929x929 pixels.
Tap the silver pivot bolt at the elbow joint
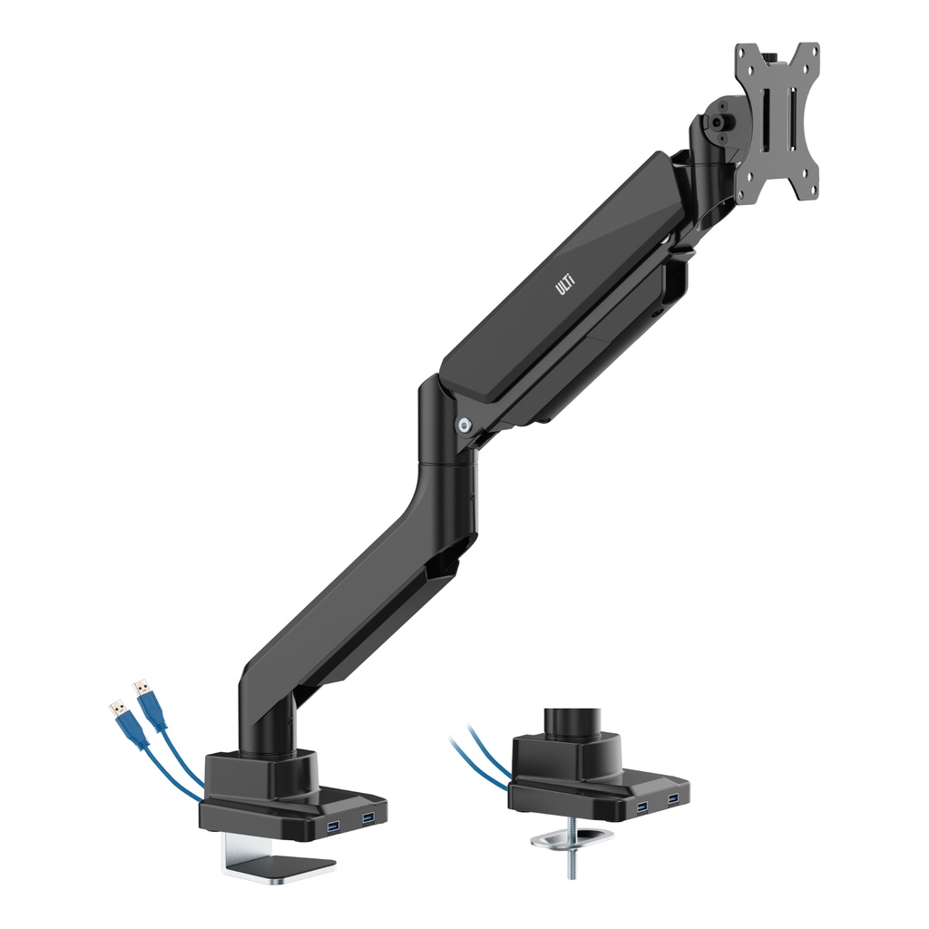465,423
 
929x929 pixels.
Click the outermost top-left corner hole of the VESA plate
742,52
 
